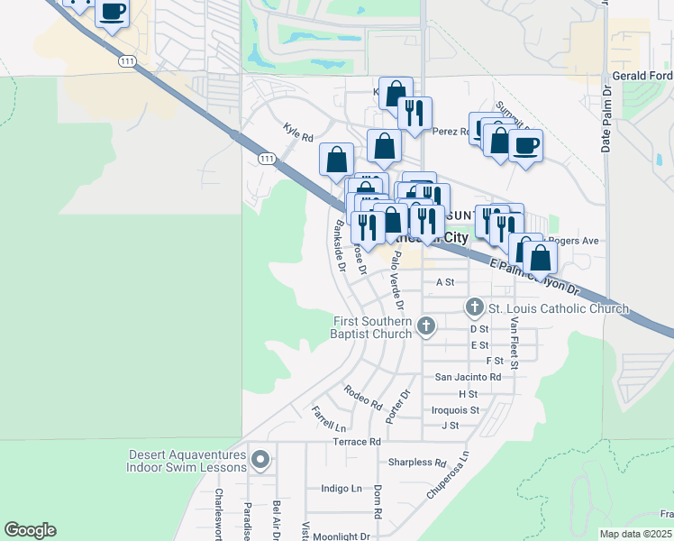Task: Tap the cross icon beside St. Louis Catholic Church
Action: tap(475, 308)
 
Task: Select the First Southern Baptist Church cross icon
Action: tap(425, 327)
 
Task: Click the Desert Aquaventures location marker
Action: tap(260, 461)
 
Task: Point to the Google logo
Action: tap(30, 530)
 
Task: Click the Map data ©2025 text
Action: tap(635, 534)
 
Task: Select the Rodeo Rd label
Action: tap(363, 396)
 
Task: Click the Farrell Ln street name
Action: tap(329, 418)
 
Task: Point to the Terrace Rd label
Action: tap(357, 442)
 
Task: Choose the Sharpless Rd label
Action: tap(417, 463)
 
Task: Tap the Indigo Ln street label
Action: tap(342, 489)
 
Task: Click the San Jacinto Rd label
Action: tap(468, 377)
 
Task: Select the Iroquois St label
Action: tap(455, 409)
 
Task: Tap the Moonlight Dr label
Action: tap(341, 536)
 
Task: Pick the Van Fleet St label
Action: tap(514, 344)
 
